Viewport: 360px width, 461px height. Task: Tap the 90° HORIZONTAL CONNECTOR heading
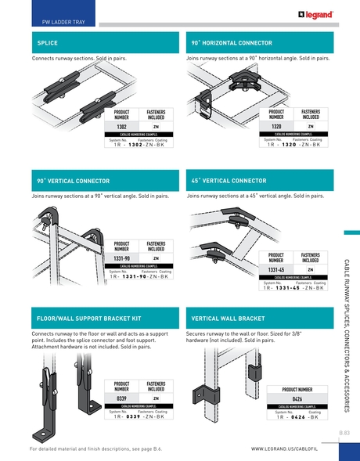point(232,43)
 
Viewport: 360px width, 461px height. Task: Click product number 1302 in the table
point(121,126)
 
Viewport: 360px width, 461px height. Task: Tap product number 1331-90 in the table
point(121,258)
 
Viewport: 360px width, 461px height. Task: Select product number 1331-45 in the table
point(275,269)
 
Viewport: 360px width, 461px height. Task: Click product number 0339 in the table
point(121,398)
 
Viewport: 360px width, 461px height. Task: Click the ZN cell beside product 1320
point(311,126)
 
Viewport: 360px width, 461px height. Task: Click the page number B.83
point(344,432)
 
